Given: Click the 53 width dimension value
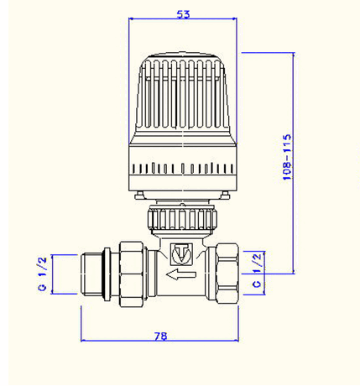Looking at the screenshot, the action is [183, 14].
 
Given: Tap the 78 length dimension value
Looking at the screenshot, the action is [160, 336].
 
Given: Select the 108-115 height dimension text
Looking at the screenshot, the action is [287, 157].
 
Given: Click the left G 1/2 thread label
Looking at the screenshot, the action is [43, 274].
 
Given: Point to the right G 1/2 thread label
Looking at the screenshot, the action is [257, 270].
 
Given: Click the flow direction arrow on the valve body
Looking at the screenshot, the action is [181, 274].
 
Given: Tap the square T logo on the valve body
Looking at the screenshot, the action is [181, 253].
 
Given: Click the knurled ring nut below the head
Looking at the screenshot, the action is [182, 219].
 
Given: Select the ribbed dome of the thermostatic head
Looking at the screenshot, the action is [183, 95].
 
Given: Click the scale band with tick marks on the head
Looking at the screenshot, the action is [183, 169].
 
